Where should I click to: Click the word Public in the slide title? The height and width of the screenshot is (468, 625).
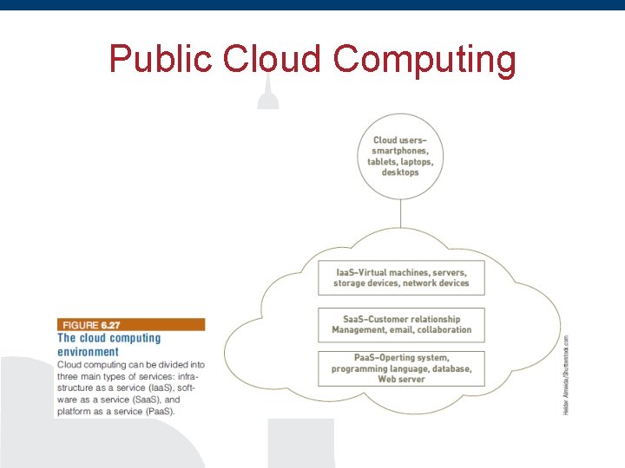(x=161, y=59)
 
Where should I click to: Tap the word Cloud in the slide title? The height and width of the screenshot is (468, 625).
(x=273, y=59)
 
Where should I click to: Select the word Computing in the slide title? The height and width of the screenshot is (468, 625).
(x=424, y=61)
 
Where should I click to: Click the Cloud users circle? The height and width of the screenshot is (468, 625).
(x=400, y=156)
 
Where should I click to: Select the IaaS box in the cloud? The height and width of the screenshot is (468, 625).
(x=401, y=277)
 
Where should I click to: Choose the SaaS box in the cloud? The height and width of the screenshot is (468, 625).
(x=401, y=324)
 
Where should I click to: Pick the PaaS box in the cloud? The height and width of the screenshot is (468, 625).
(x=401, y=368)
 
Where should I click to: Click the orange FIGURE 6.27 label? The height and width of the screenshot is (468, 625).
(x=130, y=324)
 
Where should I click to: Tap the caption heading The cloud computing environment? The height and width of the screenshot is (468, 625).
(x=109, y=345)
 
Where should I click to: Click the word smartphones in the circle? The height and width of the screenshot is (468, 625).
(x=400, y=151)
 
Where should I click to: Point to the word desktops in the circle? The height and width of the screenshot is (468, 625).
(x=400, y=172)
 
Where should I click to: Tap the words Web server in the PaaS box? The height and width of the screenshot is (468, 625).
(x=401, y=380)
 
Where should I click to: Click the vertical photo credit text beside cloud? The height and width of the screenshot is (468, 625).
(x=566, y=374)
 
